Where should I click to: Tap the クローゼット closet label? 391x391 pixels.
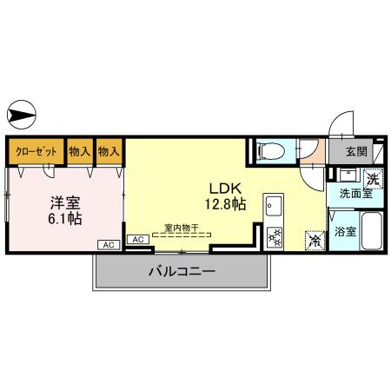click(x=36, y=151)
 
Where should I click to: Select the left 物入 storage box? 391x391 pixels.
click(x=79, y=151)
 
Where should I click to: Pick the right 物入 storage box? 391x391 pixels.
click(x=109, y=151)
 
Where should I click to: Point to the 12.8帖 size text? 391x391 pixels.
click(x=224, y=204)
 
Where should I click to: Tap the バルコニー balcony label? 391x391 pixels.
click(x=181, y=271)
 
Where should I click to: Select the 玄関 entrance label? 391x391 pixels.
click(x=356, y=151)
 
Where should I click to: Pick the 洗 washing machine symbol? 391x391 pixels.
click(x=371, y=179)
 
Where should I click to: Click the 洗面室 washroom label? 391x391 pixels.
click(x=355, y=195)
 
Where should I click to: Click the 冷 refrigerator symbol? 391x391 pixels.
click(x=312, y=242)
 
